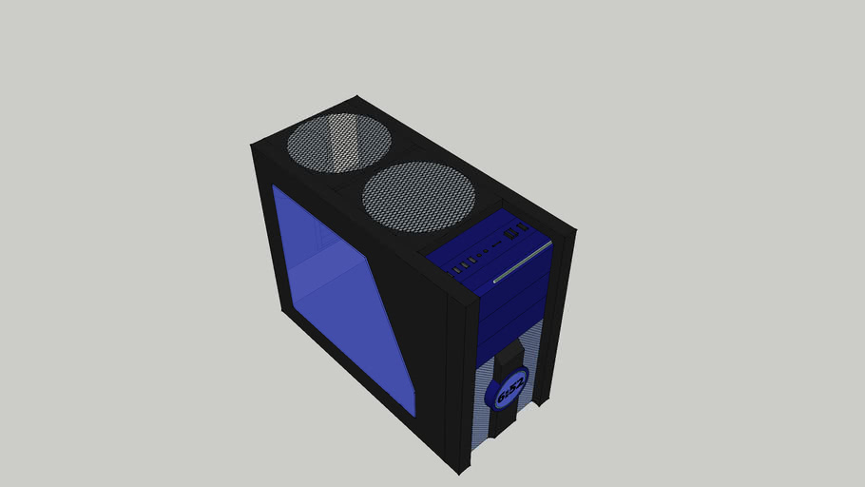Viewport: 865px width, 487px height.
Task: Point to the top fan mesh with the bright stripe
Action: click(339, 144)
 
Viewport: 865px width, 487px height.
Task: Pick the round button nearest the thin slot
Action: click(486, 252)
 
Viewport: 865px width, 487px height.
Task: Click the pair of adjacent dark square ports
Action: click(512, 232)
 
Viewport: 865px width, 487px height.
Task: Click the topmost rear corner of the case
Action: click(357, 96)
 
